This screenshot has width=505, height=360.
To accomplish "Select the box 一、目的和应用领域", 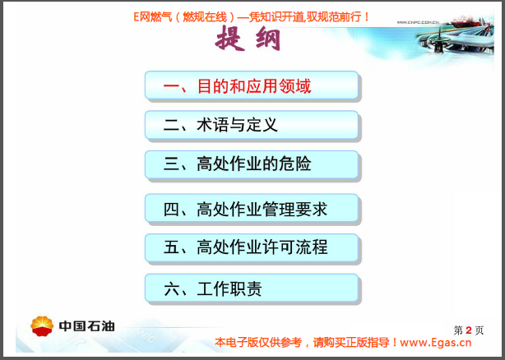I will pos(252,85).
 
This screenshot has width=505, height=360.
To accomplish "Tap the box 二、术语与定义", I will pos(252,125).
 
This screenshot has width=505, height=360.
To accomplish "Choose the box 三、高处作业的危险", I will pos(252,164).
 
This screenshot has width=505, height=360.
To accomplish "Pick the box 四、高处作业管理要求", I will pos(252,209).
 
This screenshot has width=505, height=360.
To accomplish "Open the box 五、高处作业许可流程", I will pos(252,248).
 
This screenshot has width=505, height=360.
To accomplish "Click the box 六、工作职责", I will pos(252,288).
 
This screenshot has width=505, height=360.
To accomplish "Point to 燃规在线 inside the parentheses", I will pos(201,16).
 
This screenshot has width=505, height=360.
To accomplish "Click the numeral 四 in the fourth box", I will pos(171,209).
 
